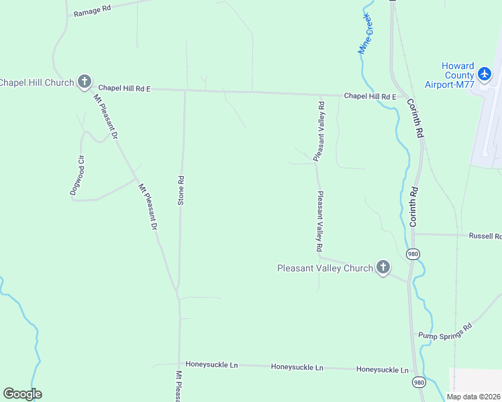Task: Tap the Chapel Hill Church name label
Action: point(36,82)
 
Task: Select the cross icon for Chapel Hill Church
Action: point(84,82)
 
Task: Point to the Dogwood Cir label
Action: point(76,176)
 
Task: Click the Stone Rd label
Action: point(181,190)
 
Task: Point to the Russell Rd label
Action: point(485,236)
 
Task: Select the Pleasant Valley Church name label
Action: point(325,268)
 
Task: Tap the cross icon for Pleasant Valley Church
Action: point(383,268)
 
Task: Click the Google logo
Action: point(22,394)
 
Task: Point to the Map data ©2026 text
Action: point(474,397)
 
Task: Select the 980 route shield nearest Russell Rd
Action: point(413,254)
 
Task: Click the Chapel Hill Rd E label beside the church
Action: point(124,88)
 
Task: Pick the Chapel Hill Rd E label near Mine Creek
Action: point(370,96)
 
